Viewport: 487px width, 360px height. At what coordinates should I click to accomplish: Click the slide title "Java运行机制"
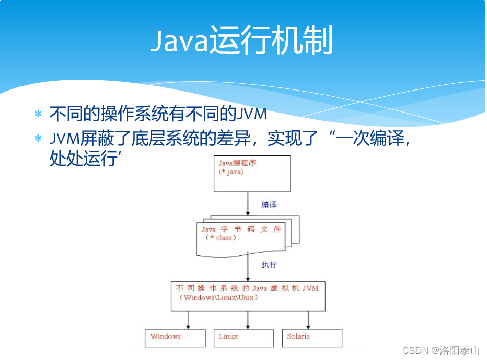[241, 41]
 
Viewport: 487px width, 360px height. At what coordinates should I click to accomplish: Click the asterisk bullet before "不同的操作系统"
[38, 114]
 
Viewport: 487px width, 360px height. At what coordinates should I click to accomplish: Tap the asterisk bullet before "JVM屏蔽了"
[38, 139]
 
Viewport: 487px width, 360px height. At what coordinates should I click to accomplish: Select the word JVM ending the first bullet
[252, 114]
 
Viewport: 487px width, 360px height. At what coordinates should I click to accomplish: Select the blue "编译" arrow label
[269, 205]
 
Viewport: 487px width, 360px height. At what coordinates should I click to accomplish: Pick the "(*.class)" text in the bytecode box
[220, 238]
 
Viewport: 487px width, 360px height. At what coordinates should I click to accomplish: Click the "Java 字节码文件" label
[241, 229]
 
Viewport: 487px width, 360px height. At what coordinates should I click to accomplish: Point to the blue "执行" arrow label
[269, 265]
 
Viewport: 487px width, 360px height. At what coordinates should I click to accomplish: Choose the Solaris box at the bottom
[312, 337]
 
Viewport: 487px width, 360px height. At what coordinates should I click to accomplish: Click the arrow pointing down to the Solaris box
[308, 320]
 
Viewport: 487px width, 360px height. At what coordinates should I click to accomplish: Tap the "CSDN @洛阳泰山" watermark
[441, 350]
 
